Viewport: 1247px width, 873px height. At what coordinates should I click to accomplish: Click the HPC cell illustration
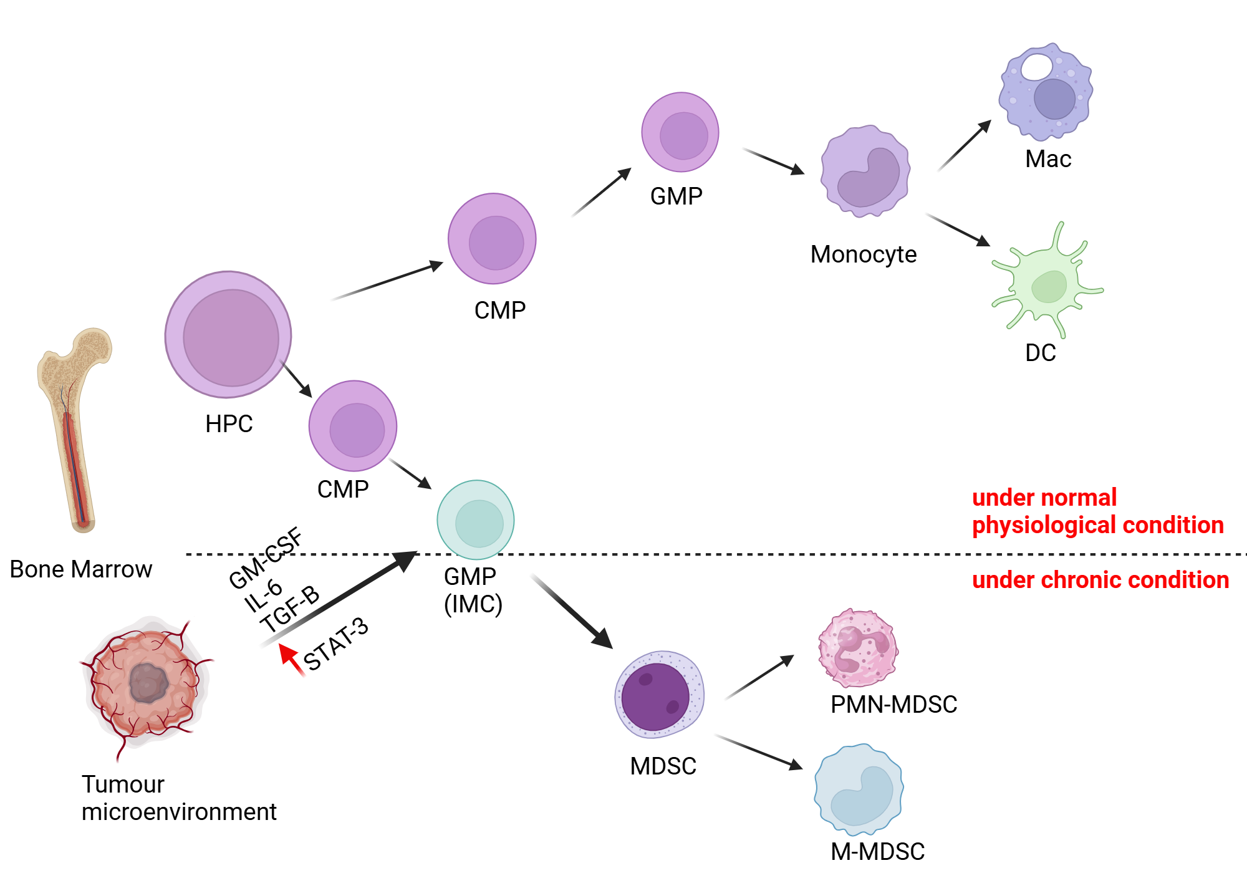[228, 335]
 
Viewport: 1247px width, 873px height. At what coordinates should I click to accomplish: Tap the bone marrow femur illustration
[75, 430]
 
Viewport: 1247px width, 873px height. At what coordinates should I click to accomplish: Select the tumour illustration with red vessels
[147, 683]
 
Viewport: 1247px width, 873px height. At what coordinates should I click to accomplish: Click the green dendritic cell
[1047, 284]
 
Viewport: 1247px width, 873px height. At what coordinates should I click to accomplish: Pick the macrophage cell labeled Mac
[1046, 92]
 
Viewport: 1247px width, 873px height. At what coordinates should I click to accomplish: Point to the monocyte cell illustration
[865, 171]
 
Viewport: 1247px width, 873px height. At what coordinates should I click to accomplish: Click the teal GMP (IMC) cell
[476, 519]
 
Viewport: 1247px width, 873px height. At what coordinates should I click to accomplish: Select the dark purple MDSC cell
[658, 695]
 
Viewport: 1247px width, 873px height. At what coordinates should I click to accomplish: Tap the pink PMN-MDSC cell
[858, 649]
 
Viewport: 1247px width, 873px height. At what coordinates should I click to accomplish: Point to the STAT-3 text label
[336, 644]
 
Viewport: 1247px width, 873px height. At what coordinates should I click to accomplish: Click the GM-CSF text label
[266, 559]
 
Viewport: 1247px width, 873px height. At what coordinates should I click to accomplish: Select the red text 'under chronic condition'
[1100, 580]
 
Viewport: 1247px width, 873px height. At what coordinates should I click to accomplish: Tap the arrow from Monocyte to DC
[958, 229]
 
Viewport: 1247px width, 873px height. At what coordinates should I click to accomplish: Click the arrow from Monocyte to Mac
[965, 146]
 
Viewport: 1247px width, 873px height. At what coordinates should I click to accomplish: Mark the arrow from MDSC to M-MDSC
[759, 752]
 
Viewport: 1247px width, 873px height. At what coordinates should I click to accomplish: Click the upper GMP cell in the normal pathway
[680, 132]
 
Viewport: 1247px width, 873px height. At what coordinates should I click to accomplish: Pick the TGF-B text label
[290, 609]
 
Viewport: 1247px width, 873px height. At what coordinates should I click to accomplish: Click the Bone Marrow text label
[81, 569]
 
